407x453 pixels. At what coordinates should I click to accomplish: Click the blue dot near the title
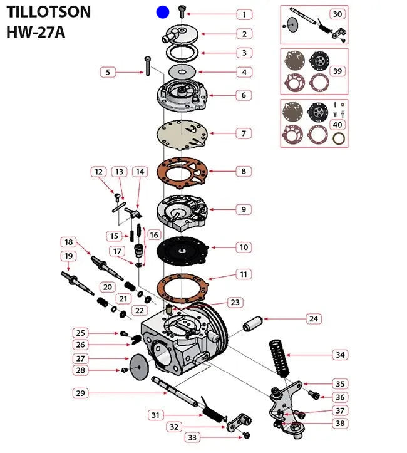click(162, 11)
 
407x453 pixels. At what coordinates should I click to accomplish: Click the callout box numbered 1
click(244, 14)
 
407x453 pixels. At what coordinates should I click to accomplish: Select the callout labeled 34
click(339, 355)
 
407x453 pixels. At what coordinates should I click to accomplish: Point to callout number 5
click(108, 72)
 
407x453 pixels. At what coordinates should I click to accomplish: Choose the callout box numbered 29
click(80, 393)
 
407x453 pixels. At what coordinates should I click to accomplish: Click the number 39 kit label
click(337, 71)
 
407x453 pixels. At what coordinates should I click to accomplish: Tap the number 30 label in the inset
click(337, 14)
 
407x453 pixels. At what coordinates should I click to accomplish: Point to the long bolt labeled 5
click(147, 65)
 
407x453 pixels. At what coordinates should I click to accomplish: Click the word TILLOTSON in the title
click(49, 11)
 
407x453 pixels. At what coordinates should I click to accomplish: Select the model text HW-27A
click(36, 32)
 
